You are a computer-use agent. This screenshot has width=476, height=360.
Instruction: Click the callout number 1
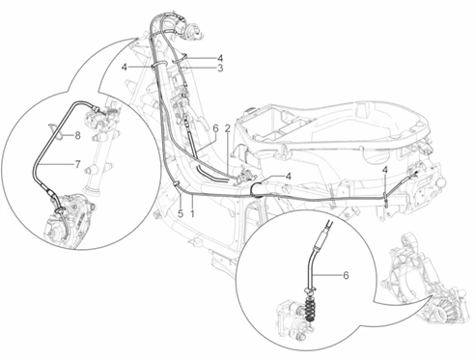192,213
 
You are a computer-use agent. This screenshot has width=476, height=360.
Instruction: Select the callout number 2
228,129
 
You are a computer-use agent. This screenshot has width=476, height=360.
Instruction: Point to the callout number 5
181,213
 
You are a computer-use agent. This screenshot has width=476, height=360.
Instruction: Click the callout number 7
77,164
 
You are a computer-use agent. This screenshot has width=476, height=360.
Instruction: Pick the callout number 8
77,136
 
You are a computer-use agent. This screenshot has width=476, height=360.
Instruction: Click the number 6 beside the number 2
215,128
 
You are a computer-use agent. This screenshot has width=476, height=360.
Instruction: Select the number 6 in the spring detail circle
346,275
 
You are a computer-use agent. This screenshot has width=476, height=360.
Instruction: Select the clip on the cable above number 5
176,184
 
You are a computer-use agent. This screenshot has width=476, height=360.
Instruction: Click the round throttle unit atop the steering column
193,31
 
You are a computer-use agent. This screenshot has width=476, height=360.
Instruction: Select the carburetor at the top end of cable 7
97,117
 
